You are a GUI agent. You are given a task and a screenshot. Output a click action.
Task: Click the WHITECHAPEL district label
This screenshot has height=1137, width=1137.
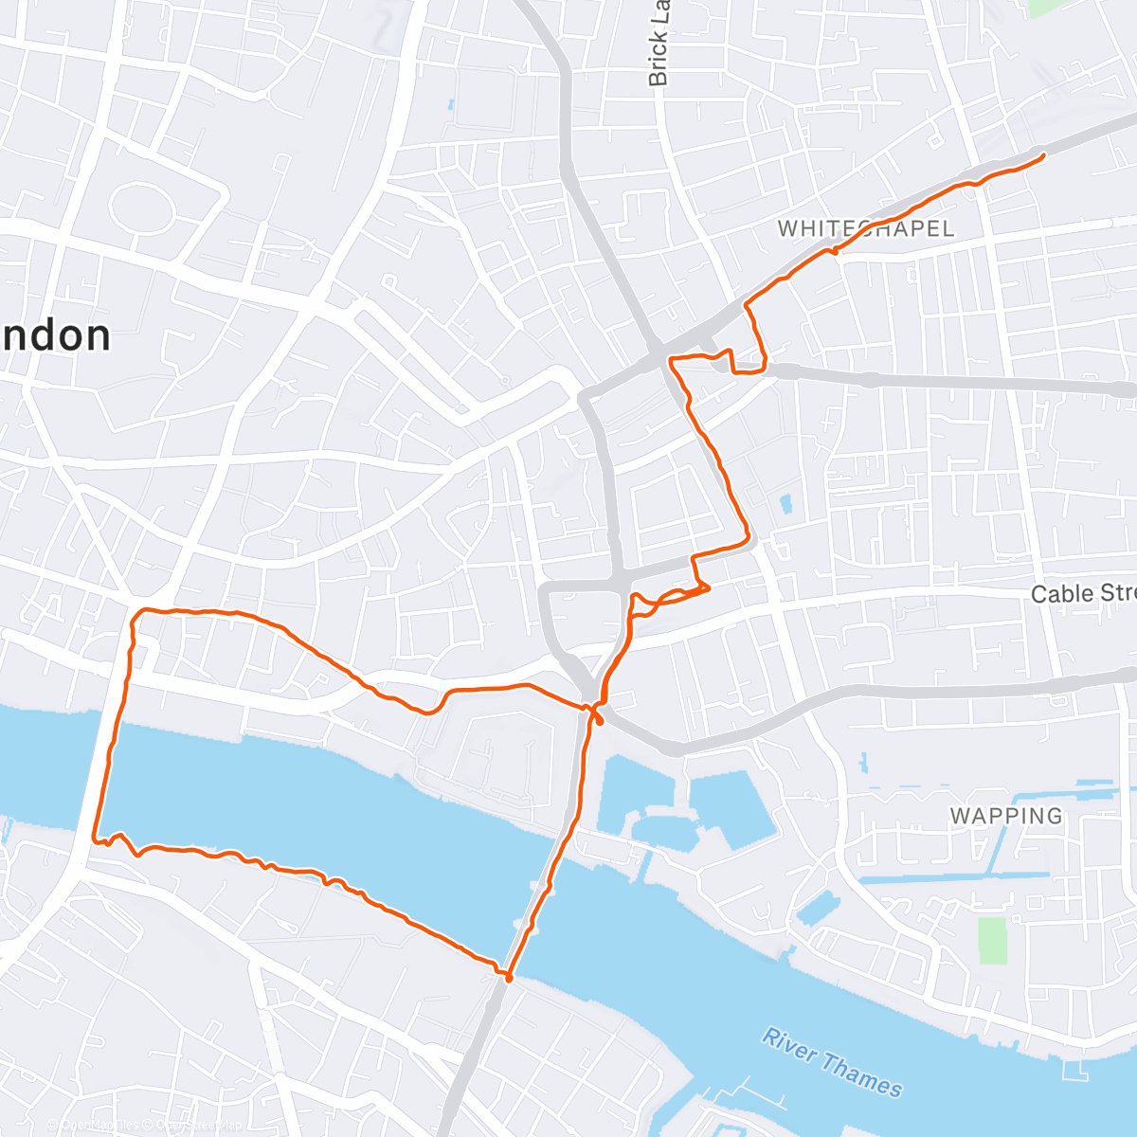[x=865, y=228]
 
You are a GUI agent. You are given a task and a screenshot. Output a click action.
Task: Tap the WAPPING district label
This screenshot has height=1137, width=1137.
[x=1006, y=816]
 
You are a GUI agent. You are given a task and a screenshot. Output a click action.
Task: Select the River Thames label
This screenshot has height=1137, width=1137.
[x=832, y=1062]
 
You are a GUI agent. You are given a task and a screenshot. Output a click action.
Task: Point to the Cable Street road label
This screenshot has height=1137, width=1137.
[x=1082, y=594]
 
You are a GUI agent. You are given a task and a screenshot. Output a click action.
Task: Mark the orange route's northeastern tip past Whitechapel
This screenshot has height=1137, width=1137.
[x=1042, y=154]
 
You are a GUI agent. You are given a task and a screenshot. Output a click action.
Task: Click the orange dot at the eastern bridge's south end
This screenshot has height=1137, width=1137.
[x=509, y=978]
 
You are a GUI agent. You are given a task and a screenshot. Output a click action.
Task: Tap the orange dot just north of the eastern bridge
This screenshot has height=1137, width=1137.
[x=599, y=720]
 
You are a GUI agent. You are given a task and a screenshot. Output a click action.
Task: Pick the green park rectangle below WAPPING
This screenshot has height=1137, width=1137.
[x=992, y=940]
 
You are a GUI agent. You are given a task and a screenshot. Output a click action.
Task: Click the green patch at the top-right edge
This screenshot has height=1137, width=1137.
[x=1044, y=8]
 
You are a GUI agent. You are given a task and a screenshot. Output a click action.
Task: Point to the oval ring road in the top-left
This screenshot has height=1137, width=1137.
[x=141, y=205]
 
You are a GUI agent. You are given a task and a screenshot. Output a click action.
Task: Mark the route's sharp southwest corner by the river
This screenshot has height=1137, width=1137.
[x=95, y=839]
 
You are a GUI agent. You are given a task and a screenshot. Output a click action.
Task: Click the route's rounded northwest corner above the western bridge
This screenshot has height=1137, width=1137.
[x=138, y=616]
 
